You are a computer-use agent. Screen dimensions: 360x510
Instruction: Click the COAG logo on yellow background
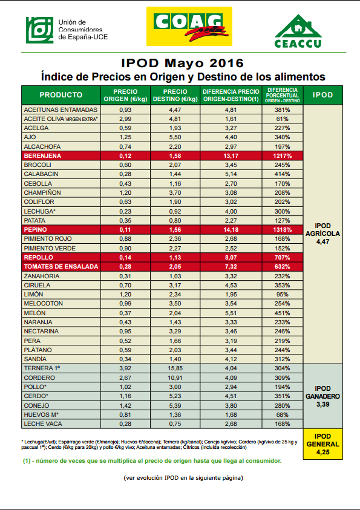[189, 27]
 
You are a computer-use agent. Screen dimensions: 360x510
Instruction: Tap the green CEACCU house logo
[298, 31]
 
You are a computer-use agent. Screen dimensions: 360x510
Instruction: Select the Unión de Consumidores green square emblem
[40, 30]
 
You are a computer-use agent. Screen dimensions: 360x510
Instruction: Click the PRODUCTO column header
[61, 95]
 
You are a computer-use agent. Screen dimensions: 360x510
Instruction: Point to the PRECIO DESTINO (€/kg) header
[175, 96]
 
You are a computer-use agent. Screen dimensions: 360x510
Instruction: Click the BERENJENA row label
[42, 156]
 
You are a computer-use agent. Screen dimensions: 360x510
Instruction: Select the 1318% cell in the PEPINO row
[283, 230]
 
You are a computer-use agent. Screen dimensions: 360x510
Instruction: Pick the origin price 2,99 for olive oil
[125, 119]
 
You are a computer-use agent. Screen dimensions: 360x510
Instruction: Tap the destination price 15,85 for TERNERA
[175, 368]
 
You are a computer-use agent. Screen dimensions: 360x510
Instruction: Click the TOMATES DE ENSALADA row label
[61, 267]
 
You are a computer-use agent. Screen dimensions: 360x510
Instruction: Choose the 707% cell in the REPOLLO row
[283, 258]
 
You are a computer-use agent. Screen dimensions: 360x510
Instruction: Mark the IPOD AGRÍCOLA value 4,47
[322, 241]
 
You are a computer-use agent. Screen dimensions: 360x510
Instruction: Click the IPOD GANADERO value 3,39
[322, 404]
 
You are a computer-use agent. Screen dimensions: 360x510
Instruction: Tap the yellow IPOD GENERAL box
[322, 444]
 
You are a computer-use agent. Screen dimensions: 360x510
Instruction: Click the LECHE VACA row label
[42, 424]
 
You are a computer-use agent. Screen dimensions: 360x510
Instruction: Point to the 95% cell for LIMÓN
[283, 295]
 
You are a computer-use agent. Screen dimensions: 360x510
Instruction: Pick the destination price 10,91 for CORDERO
[175, 378]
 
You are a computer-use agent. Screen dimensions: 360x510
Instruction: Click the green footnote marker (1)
[27, 461]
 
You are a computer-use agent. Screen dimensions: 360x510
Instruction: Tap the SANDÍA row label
[35, 359]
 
